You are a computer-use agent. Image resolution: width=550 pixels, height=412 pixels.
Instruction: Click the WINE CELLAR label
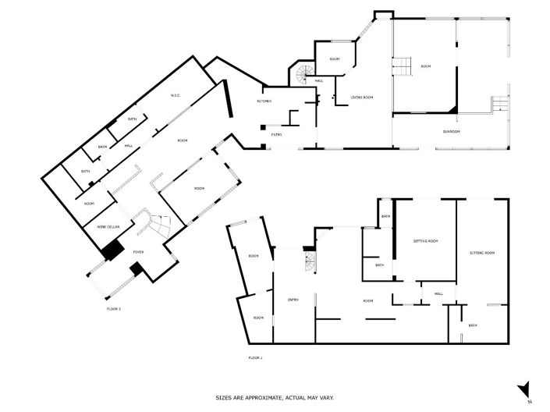108,226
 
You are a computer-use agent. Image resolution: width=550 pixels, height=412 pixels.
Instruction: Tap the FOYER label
138,252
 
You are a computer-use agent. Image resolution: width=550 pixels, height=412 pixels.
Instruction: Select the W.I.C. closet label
176,96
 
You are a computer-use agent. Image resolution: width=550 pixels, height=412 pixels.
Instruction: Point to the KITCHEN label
264,102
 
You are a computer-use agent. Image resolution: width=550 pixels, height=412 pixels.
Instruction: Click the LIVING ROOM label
361,97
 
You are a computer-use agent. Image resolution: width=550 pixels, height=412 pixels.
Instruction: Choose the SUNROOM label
451,131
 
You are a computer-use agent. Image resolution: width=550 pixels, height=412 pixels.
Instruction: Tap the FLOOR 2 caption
114,309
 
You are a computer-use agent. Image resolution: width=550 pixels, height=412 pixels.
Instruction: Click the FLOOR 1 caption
255,357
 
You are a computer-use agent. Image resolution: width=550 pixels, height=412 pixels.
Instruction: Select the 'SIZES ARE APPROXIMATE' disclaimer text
275,397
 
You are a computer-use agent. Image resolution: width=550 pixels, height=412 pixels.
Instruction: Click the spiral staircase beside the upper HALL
301,76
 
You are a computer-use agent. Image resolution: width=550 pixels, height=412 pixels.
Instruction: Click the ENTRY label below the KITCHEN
276,135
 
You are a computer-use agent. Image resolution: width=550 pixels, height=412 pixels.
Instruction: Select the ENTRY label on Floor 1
293,299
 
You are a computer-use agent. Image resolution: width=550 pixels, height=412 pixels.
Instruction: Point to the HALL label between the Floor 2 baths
128,145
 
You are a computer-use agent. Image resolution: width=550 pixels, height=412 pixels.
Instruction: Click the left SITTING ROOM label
425,241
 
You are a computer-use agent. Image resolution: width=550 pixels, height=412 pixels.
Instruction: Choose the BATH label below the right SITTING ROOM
473,325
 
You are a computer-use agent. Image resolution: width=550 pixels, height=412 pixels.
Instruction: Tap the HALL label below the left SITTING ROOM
438,294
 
